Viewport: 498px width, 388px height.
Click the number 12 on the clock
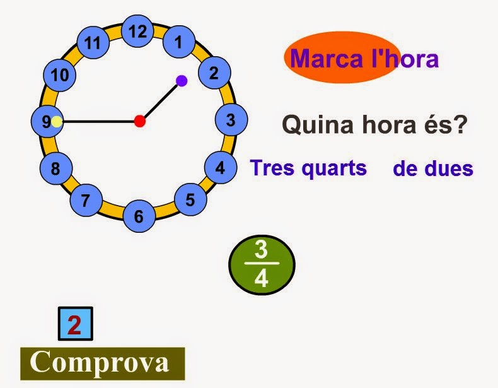click(138, 31)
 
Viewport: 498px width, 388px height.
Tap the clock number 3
click(231, 119)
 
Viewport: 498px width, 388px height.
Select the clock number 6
click(139, 217)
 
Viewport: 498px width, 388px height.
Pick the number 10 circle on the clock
click(59, 76)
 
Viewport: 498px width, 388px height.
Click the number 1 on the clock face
click(179, 43)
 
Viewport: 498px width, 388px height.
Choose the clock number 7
click(86, 201)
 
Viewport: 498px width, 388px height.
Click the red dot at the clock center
click(140, 121)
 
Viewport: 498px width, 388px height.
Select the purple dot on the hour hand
click(182, 81)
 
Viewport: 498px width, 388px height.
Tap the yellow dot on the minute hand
click(57, 122)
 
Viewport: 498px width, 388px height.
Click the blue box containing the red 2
click(75, 325)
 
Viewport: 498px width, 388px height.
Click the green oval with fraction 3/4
click(262, 265)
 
